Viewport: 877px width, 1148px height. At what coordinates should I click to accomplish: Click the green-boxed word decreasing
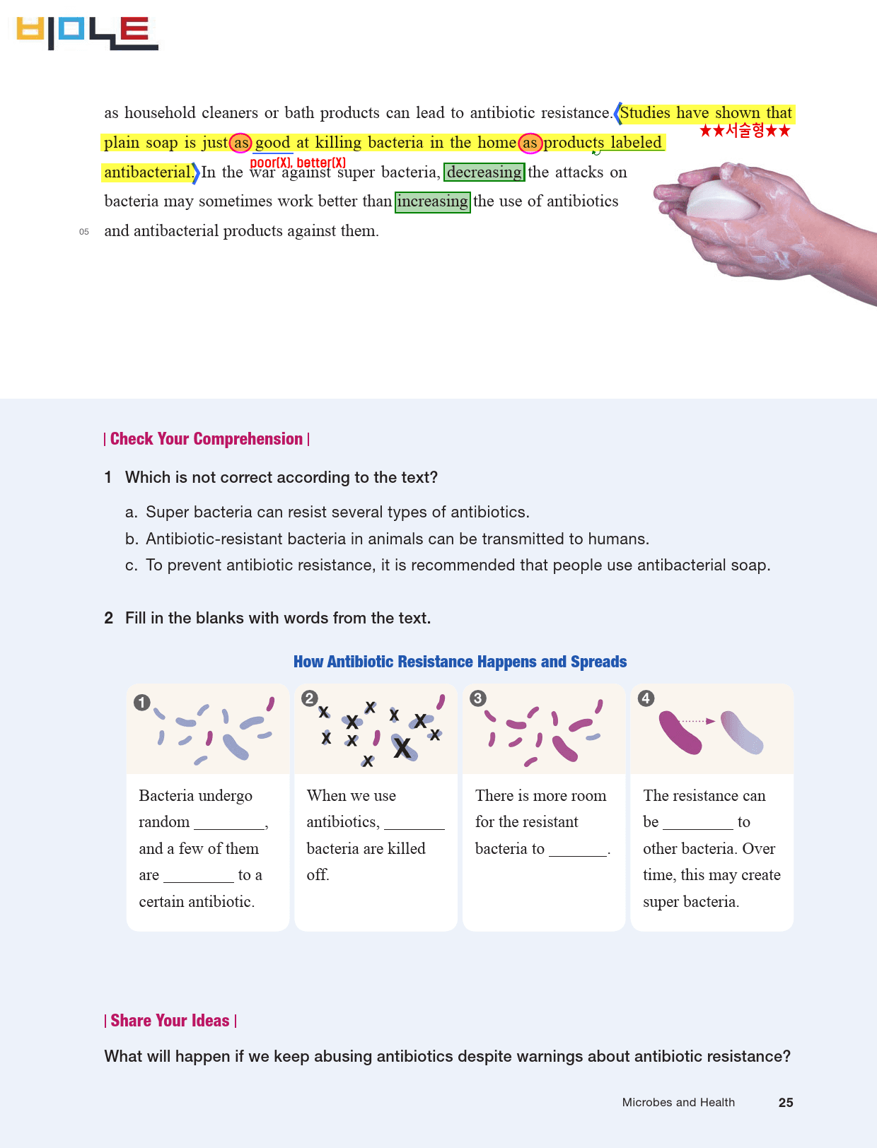pyautogui.click(x=484, y=172)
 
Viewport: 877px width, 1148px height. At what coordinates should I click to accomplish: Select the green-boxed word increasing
pyautogui.click(x=432, y=201)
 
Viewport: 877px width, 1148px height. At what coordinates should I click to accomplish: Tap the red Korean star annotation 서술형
pyautogui.click(x=745, y=131)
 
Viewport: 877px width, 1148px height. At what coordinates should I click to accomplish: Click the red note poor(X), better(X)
pyautogui.click(x=298, y=163)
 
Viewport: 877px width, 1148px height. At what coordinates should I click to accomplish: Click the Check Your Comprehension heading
pyautogui.click(x=207, y=439)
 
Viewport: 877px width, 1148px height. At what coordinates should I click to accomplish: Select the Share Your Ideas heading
pyautogui.click(x=170, y=1020)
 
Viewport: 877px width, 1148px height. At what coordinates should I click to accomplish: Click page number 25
pyautogui.click(x=786, y=1102)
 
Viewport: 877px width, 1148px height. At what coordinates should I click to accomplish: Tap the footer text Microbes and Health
pyautogui.click(x=678, y=1102)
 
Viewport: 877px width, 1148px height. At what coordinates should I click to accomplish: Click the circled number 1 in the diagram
pyautogui.click(x=142, y=702)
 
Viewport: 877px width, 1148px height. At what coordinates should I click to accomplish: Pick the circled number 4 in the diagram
pyautogui.click(x=646, y=698)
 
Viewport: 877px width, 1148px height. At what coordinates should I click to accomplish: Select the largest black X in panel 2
pyautogui.click(x=402, y=747)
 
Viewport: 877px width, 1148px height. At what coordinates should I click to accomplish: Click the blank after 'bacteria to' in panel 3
pyautogui.click(x=578, y=855)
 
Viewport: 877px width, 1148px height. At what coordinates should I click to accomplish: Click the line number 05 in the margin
pyautogui.click(x=83, y=232)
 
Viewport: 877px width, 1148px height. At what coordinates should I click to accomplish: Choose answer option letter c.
pyautogui.click(x=131, y=566)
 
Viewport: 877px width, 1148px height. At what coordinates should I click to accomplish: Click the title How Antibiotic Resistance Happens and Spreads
pyautogui.click(x=460, y=662)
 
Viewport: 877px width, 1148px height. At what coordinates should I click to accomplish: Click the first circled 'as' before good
pyautogui.click(x=240, y=143)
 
